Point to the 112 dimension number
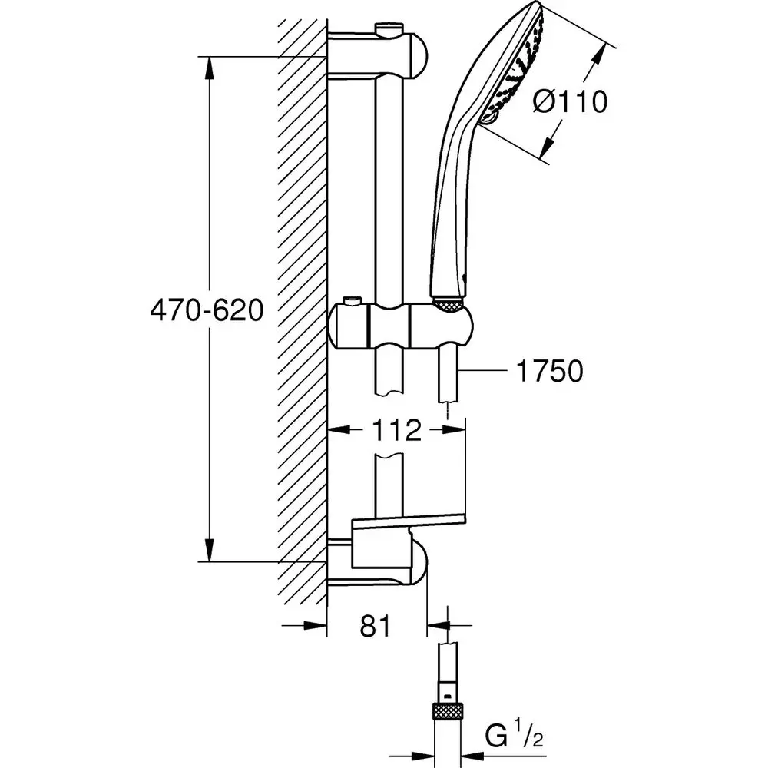pyautogui.click(x=399, y=431)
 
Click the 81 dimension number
pyautogui.click(x=374, y=626)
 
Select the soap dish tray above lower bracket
pyautogui.click(x=407, y=525)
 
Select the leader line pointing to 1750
pyautogui.click(x=484, y=372)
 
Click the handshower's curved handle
pyautogui.click(x=453, y=192)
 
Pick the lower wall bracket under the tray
pyautogui.click(x=384, y=564)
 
